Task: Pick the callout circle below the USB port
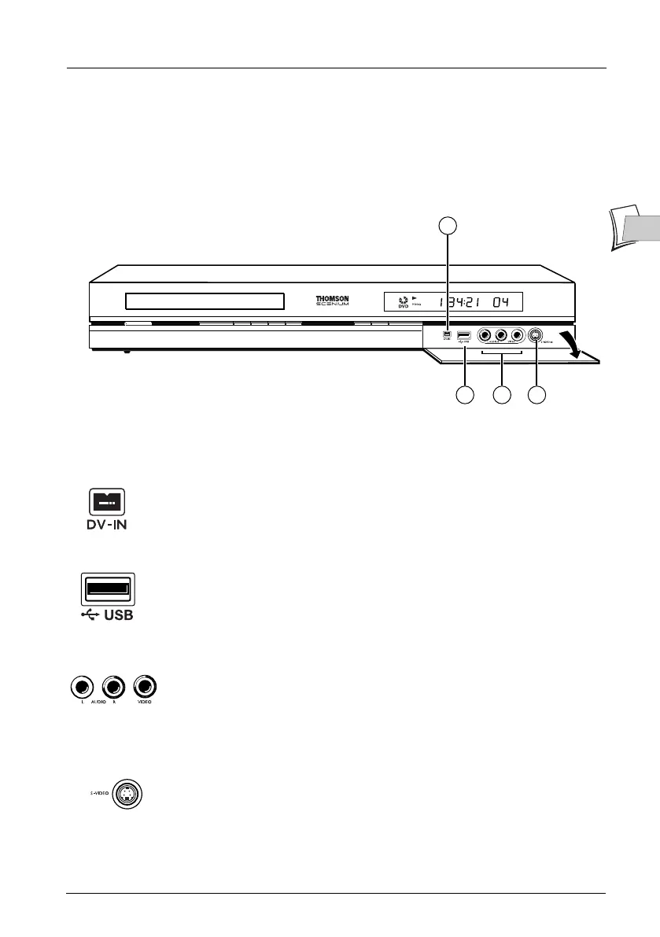[x=465, y=395]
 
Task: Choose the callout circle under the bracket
[x=501, y=395]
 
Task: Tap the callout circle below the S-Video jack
[x=536, y=395]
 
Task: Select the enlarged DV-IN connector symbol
[x=105, y=501]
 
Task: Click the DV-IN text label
[x=105, y=526]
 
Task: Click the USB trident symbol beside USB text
[x=89, y=616]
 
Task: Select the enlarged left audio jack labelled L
[x=79, y=685]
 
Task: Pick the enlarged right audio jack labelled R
[x=113, y=685]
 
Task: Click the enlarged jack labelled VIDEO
[x=145, y=685]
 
